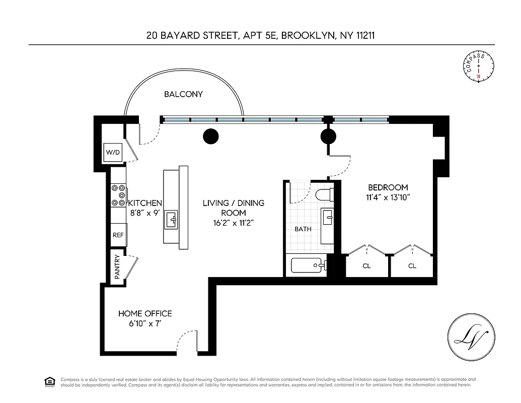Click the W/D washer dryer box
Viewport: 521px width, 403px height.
(x=113, y=152)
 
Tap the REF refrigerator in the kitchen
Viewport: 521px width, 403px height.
(x=118, y=235)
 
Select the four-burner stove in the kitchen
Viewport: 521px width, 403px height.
(x=119, y=194)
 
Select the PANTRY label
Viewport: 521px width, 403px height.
(x=117, y=267)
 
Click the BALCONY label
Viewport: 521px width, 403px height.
(x=183, y=94)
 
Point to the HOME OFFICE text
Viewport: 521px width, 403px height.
(x=145, y=313)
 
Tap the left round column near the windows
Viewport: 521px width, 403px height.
(x=210, y=136)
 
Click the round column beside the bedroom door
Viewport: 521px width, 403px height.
(x=328, y=136)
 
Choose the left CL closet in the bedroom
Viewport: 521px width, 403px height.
(x=366, y=265)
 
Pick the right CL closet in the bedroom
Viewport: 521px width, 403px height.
(x=412, y=265)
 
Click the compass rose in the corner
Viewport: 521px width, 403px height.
(x=478, y=67)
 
